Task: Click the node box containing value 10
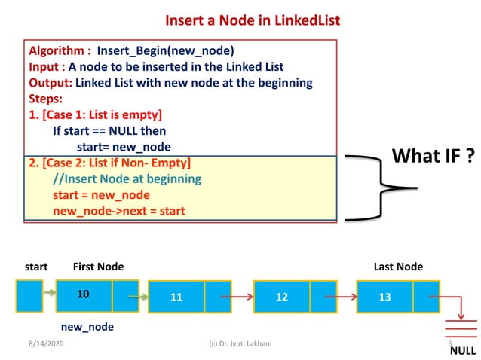[84, 294]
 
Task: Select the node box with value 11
[176, 297]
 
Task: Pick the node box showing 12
[282, 297]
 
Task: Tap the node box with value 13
[384, 297]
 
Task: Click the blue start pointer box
[29, 295]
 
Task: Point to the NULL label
[462, 351]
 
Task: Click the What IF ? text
[433, 157]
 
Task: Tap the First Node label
[98, 267]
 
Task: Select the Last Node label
[398, 267]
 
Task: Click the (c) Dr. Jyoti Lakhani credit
[240, 343]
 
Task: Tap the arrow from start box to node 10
[50, 295]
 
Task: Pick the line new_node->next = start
[118, 211]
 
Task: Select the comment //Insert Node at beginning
[127, 178]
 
